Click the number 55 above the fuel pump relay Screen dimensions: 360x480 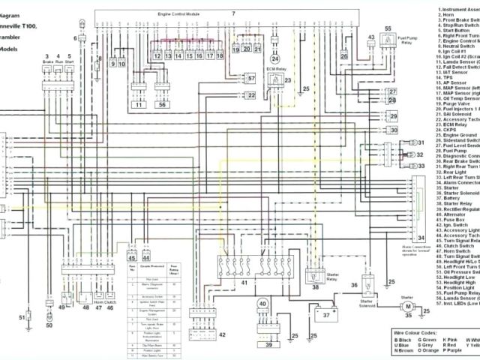[388, 28]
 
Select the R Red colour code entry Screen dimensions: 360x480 [450, 343]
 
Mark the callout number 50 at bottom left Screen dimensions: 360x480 [49, 304]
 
